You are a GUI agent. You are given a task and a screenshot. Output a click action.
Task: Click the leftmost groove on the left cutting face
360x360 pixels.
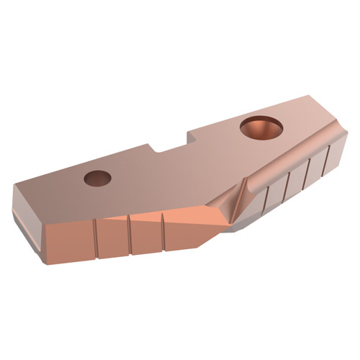coord(96,233)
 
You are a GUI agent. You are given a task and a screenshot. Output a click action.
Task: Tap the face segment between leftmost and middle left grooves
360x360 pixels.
coord(113,234)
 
